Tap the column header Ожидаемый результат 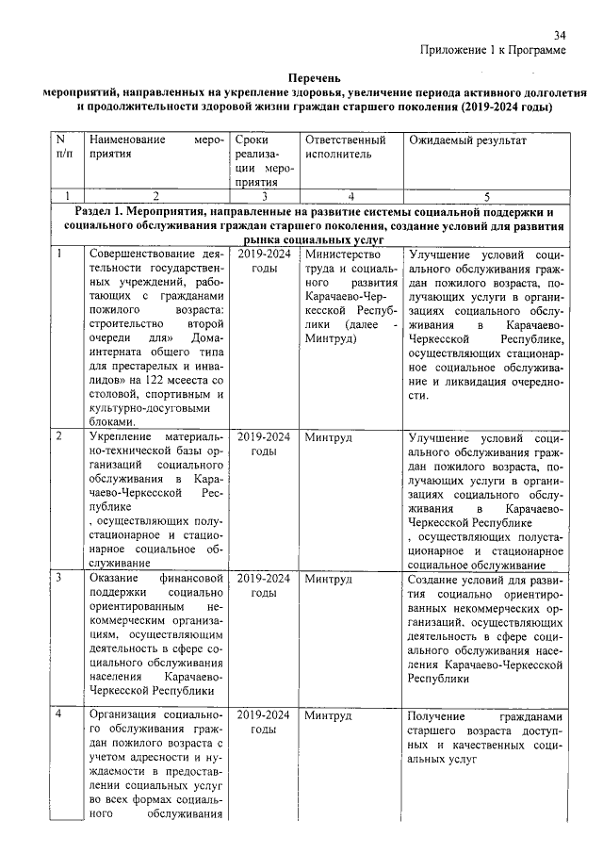(466, 140)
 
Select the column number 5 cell (487, 197)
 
